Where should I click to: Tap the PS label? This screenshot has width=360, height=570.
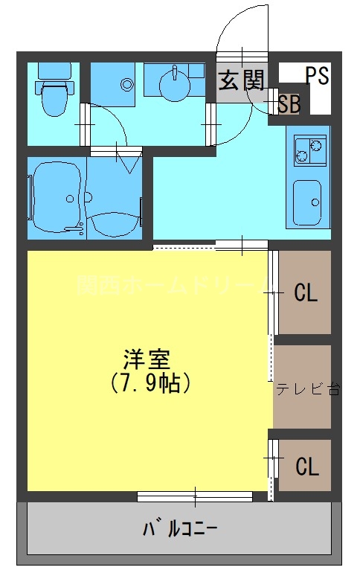coord(317,76)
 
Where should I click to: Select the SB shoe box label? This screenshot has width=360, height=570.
coord(289,105)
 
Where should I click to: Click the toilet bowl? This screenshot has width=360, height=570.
coord(54,99)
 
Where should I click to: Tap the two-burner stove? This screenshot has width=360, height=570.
coord(310,151)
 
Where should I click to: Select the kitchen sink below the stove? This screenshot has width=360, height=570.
coord(308,201)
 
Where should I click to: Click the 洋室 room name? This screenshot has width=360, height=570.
coord(147,360)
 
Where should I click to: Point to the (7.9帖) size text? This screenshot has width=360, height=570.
coord(152,384)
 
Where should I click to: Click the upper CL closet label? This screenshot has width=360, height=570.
coord(306,292)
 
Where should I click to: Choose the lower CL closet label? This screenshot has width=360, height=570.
coord(306,467)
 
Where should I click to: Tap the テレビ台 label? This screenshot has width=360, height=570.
coord(308,389)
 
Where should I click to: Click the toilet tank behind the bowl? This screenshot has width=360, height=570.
coord(54,71)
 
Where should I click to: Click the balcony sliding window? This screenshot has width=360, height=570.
coord(195,496)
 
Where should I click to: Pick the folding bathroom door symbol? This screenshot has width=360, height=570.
coord(129,160)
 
